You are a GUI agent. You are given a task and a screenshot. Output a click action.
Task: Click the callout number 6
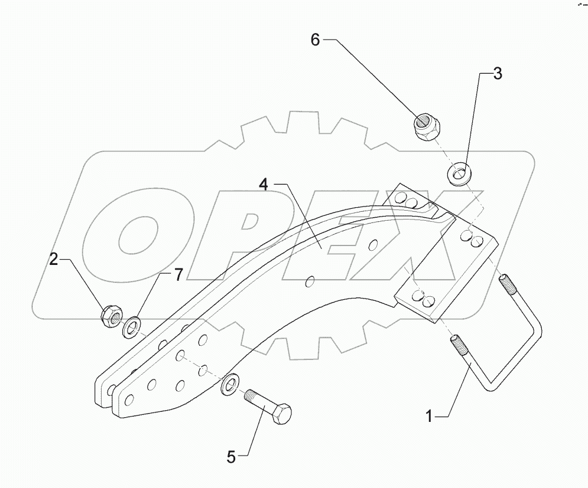click(x=314, y=40)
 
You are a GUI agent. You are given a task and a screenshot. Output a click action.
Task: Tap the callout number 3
click(x=498, y=74)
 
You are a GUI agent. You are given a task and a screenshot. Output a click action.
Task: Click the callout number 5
click(x=232, y=456)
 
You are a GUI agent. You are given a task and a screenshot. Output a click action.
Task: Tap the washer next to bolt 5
click(x=229, y=385)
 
